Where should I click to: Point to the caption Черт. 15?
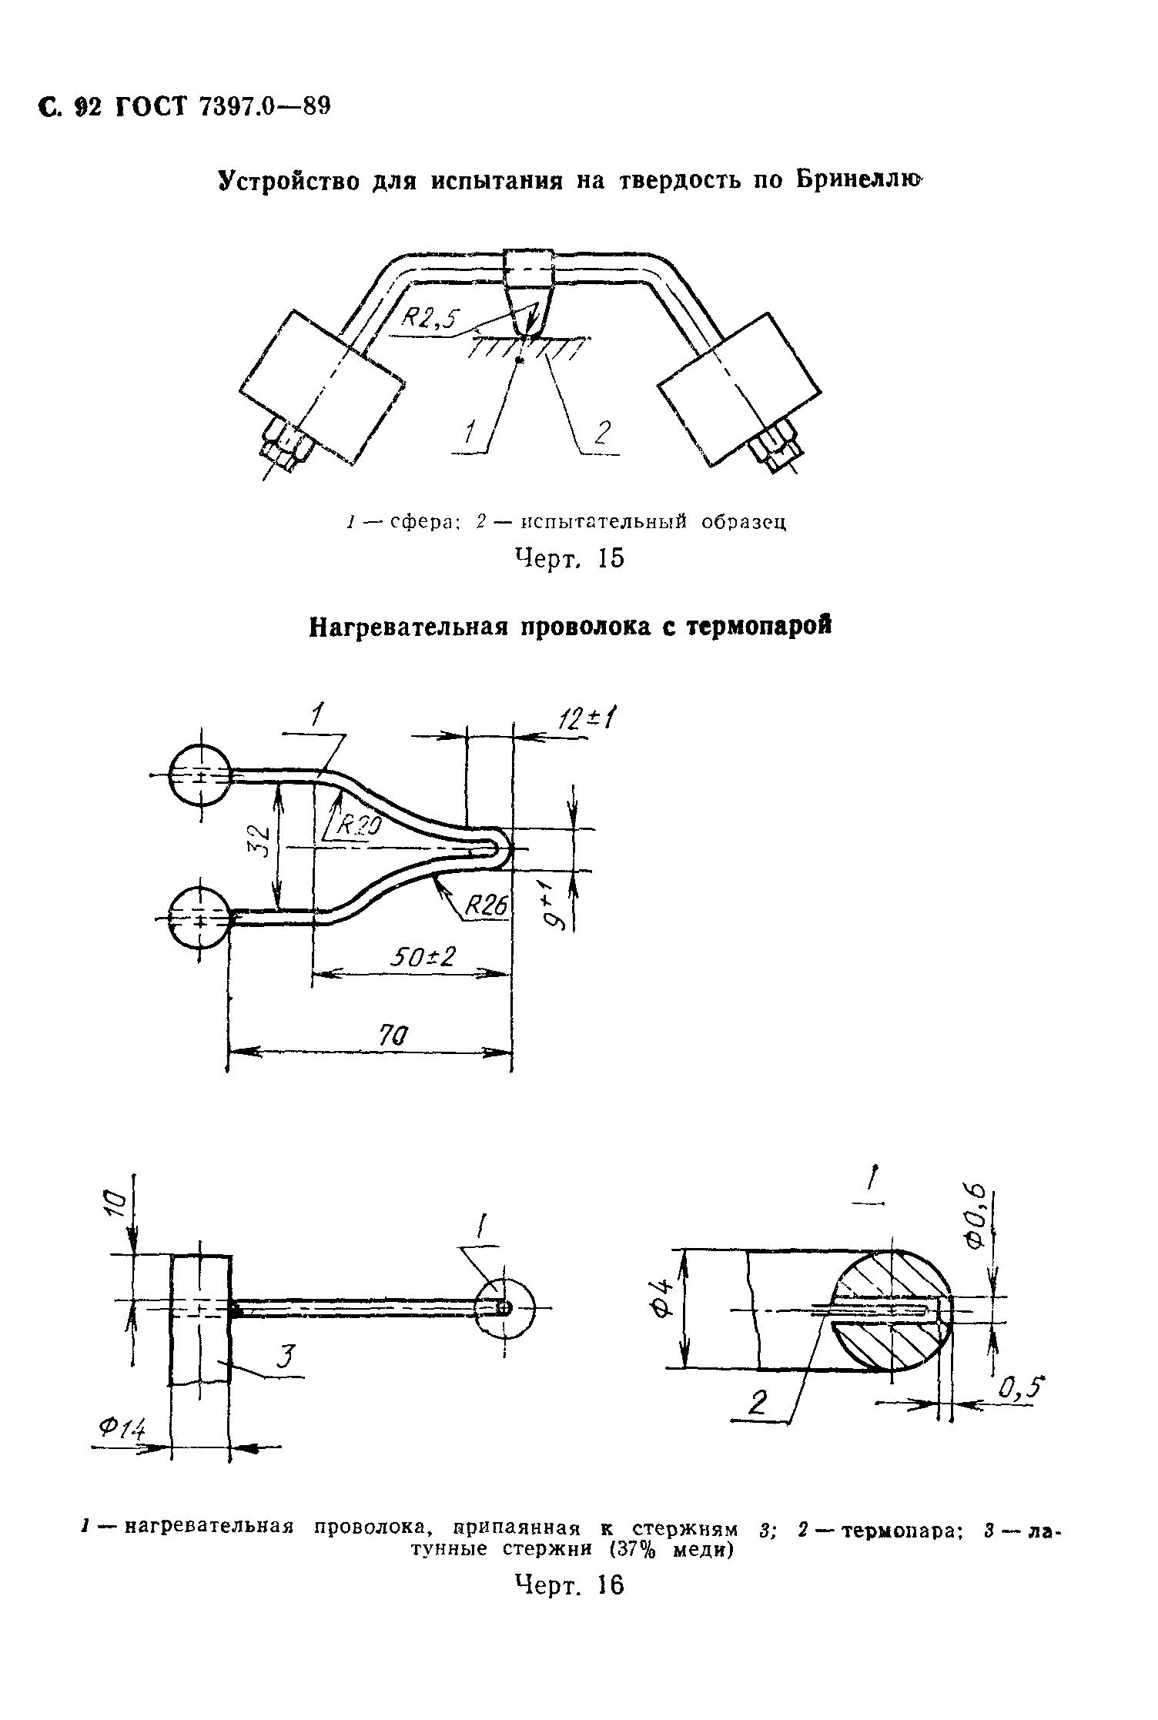568,558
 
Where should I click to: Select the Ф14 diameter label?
122,1431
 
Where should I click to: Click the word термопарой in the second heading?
761,627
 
